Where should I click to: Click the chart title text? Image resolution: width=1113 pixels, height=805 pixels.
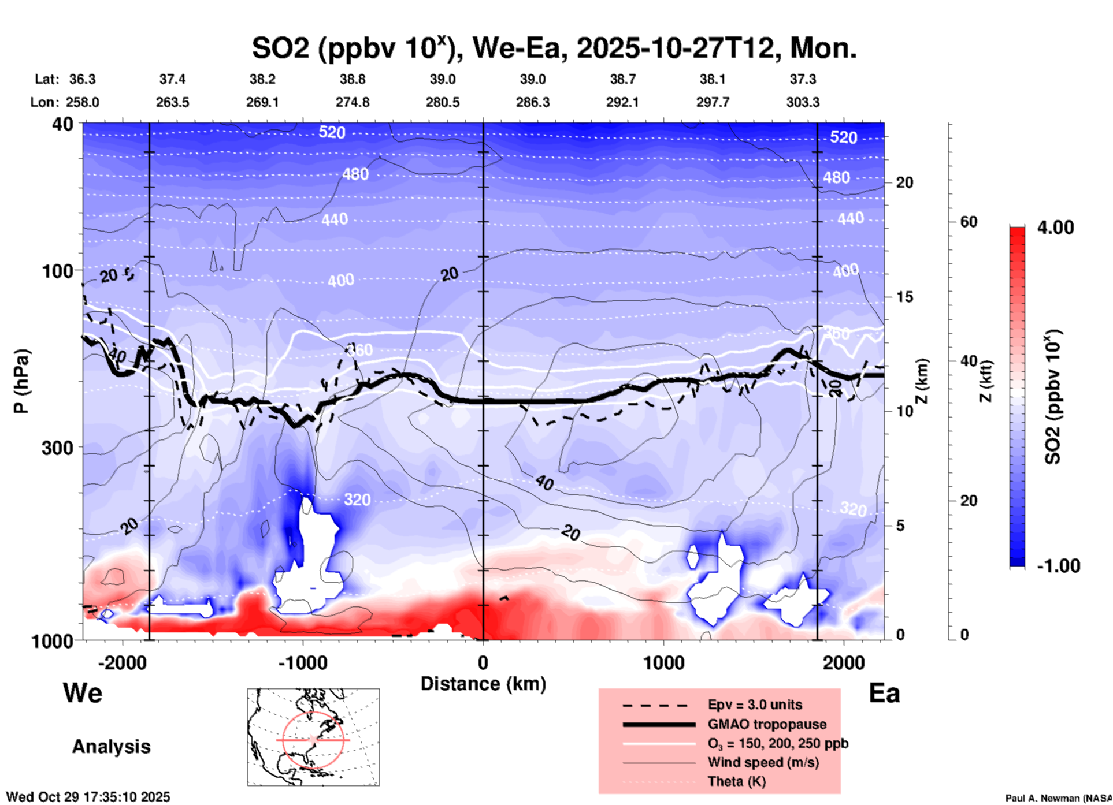pos(554,48)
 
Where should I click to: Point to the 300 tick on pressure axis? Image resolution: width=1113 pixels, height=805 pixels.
pos(58,448)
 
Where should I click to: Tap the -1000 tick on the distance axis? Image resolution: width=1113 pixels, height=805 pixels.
pos(302,662)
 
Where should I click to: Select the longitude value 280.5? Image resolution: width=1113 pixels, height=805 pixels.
pos(443,102)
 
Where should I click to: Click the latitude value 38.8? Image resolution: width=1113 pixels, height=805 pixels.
pos(353,79)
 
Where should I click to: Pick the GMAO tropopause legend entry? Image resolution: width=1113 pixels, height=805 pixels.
pos(766,724)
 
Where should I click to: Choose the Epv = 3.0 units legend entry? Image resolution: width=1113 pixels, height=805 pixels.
pos(754,705)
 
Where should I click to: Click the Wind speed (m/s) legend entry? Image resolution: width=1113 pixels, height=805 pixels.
pos(763,762)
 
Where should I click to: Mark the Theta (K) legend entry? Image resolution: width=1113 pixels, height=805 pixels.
pos(736,781)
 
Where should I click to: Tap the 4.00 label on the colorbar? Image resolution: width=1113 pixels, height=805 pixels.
pos(1055,227)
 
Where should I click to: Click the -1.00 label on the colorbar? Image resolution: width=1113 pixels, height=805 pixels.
pos(1058,565)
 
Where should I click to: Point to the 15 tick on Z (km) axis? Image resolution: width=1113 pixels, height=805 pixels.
pos(904,297)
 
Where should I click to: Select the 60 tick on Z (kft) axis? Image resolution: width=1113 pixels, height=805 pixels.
pos(969,222)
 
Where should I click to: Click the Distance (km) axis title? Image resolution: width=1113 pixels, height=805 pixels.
pos(483,684)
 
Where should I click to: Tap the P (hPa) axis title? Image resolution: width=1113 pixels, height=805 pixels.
pos(21,381)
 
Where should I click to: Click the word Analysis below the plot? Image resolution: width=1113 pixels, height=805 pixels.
pos(111,747)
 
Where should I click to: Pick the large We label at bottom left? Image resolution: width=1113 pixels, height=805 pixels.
pos(83,693)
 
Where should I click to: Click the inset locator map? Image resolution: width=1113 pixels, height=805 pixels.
pos(313,736)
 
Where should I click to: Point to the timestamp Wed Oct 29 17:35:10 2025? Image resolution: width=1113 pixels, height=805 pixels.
pos(88,797)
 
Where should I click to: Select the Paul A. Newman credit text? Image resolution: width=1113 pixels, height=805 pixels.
pos(1058,798)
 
